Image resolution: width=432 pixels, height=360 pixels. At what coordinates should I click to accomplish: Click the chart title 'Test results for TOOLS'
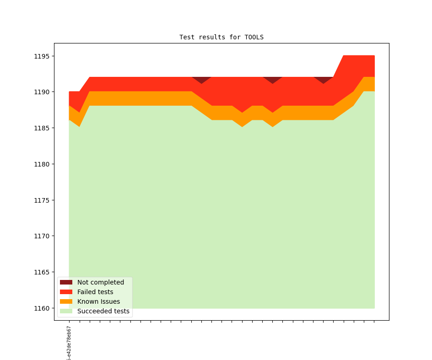(x=221, y=37)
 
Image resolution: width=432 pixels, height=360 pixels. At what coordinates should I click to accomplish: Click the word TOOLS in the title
(x=254, y=37)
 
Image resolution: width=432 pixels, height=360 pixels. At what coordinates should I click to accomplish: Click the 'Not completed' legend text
(x=101, y=282)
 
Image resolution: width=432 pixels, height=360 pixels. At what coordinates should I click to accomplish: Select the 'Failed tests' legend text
(x=95, y=292)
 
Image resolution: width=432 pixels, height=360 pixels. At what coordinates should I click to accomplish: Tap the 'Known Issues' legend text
(x=98, y=301)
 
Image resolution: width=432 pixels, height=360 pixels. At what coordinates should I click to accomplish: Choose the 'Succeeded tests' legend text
(x=103, y=311)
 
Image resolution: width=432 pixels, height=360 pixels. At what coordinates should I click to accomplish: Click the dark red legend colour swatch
(x=66, y=282)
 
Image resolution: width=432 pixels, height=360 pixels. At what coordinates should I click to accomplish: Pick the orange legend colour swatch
(x=66, y=301)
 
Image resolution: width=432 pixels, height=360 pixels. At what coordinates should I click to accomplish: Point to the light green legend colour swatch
(x=66, y=311)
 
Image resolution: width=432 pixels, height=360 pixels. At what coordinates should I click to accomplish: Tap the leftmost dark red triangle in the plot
(x=201, y=79)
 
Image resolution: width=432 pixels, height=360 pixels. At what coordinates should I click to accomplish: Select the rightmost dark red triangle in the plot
(x=324, y=79)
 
